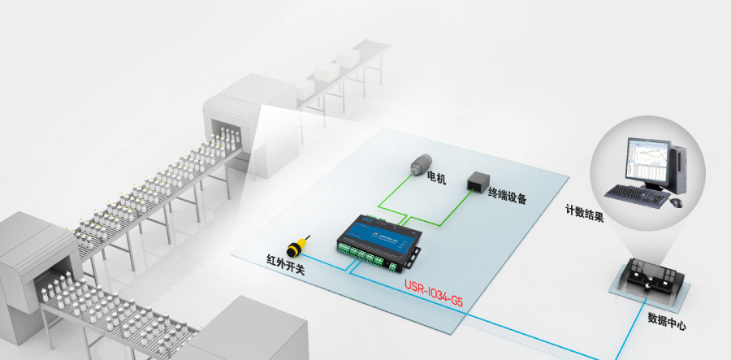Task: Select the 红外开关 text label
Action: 286,265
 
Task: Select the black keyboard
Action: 639,194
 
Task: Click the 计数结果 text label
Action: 584,210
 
